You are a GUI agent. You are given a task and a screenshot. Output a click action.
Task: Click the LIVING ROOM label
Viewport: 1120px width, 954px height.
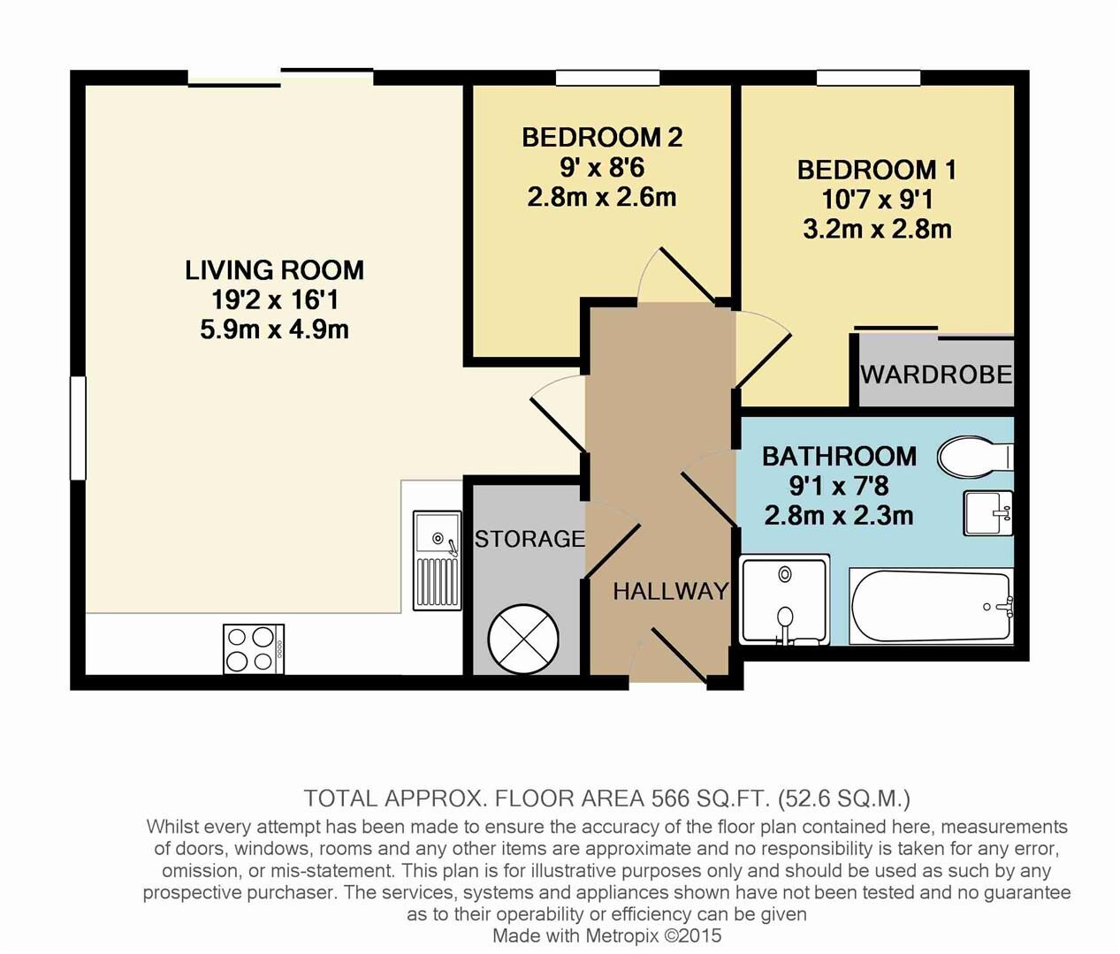[274, 269]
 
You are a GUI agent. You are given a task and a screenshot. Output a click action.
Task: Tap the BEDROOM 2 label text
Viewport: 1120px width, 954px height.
[601, 138]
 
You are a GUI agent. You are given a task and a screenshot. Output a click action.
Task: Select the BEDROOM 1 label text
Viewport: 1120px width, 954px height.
[876, 170]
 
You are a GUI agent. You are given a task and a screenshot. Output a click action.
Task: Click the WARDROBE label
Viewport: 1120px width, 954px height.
[936, 375]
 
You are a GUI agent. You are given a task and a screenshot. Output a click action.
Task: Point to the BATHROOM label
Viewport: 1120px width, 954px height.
[839, 457]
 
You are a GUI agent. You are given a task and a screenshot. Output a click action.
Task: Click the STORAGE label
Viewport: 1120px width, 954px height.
[530, 538]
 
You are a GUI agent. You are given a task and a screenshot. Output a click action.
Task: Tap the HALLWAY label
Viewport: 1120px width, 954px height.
[670, 591]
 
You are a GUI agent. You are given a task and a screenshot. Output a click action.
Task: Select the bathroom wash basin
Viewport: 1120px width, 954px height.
[987, 513]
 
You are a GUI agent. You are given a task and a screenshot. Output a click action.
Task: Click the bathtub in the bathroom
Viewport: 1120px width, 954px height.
[931, 608]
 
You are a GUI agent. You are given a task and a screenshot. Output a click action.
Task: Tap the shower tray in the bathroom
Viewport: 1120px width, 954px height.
[784, 599]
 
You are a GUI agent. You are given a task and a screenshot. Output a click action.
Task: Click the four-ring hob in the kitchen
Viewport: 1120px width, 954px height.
[254, 649]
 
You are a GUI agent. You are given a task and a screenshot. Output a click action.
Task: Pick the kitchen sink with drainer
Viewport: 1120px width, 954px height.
[438, 561]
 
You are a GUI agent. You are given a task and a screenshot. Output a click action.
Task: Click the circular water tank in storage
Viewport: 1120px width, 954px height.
[522, 636]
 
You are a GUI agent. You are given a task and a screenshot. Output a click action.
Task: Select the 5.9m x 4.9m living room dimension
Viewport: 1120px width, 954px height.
[274, 329]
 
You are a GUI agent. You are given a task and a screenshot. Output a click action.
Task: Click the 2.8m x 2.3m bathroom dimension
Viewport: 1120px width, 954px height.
[839, 515]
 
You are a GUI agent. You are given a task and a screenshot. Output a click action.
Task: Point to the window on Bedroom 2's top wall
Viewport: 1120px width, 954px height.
[607, 78]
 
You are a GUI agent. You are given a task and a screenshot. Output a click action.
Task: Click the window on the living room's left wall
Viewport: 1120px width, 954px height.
[78, 428]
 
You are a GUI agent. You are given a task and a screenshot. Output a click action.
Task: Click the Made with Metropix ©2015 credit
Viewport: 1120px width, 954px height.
[606, 935]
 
